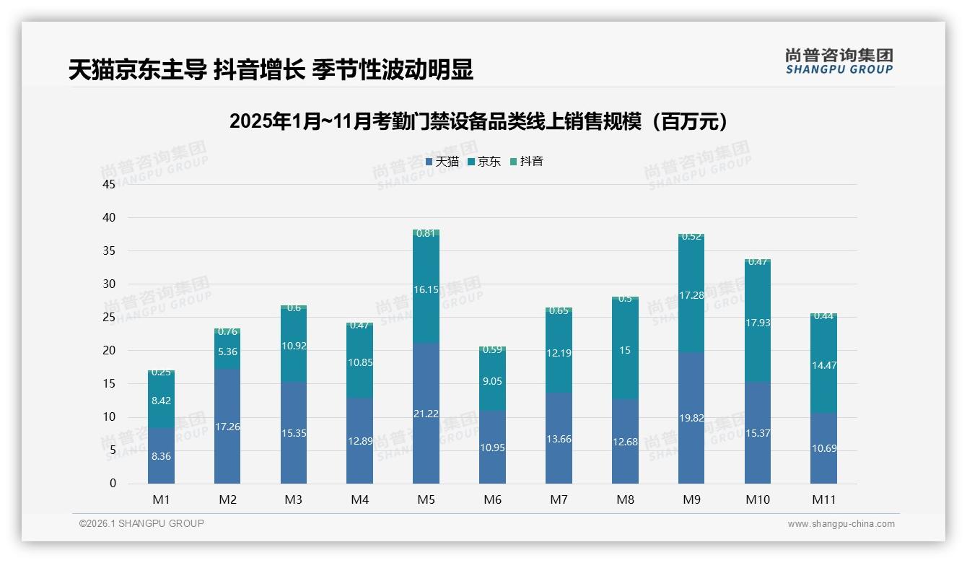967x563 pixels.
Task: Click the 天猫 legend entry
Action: click(x=442, y=162)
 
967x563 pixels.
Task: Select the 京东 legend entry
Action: click(x=484, y=162)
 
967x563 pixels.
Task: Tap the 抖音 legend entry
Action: click(x=527, y=162)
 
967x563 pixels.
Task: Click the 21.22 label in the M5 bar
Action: click(x=426, y=414)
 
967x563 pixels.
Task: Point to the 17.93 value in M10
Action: click(x=758, y=323)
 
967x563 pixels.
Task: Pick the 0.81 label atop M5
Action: click(x=426, y=233)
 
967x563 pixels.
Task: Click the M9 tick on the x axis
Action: click(x=691, y=499)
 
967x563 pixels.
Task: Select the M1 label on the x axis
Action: click(x=161, y=499)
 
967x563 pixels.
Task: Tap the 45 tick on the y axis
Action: click(x=109, y=185)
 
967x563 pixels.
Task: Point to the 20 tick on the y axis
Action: click(x=109, y=351)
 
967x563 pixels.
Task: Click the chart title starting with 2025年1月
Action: click(x=478, y=121)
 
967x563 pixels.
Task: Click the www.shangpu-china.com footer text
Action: click(x=841, y=524)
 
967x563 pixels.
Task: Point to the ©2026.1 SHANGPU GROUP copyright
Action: click(x=141, y=523)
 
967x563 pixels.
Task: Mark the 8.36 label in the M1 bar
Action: click(x=161, y=456)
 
